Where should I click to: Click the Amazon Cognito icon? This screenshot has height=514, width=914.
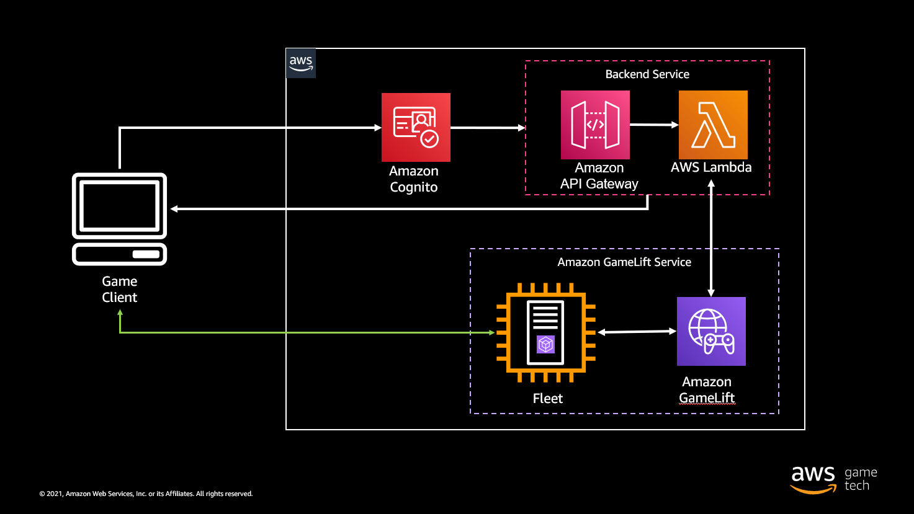[x=416, y=127]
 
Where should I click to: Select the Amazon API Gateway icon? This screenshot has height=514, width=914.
[x=595, y=125]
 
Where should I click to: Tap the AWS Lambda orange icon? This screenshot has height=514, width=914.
[x=713, y=125]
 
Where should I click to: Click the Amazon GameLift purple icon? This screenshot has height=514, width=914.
[x=711, y=331]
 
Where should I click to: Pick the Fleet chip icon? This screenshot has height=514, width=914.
[x=545, y=332]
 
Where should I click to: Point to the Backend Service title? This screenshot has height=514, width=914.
[x=647, y=74]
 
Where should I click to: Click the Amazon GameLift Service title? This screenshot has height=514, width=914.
[x=624, y=262]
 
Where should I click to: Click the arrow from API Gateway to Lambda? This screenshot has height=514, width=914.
[x=654, y=125]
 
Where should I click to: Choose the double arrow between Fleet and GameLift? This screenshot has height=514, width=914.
[x=637, y=332]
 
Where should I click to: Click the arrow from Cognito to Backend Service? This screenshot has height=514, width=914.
[x=488, y=128]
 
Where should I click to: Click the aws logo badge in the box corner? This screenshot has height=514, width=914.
[x=301, y=63]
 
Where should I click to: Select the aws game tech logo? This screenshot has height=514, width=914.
[x=833, y=479]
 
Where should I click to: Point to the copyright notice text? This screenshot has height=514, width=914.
[x=146, y=494]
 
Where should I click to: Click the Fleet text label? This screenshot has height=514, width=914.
[x=547, y=399]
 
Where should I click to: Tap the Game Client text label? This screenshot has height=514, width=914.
[x=120, y=290]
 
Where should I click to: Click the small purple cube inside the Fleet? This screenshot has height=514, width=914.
[x=545, y=344]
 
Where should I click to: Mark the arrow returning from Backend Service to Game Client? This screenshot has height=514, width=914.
[x=410, y=209]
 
